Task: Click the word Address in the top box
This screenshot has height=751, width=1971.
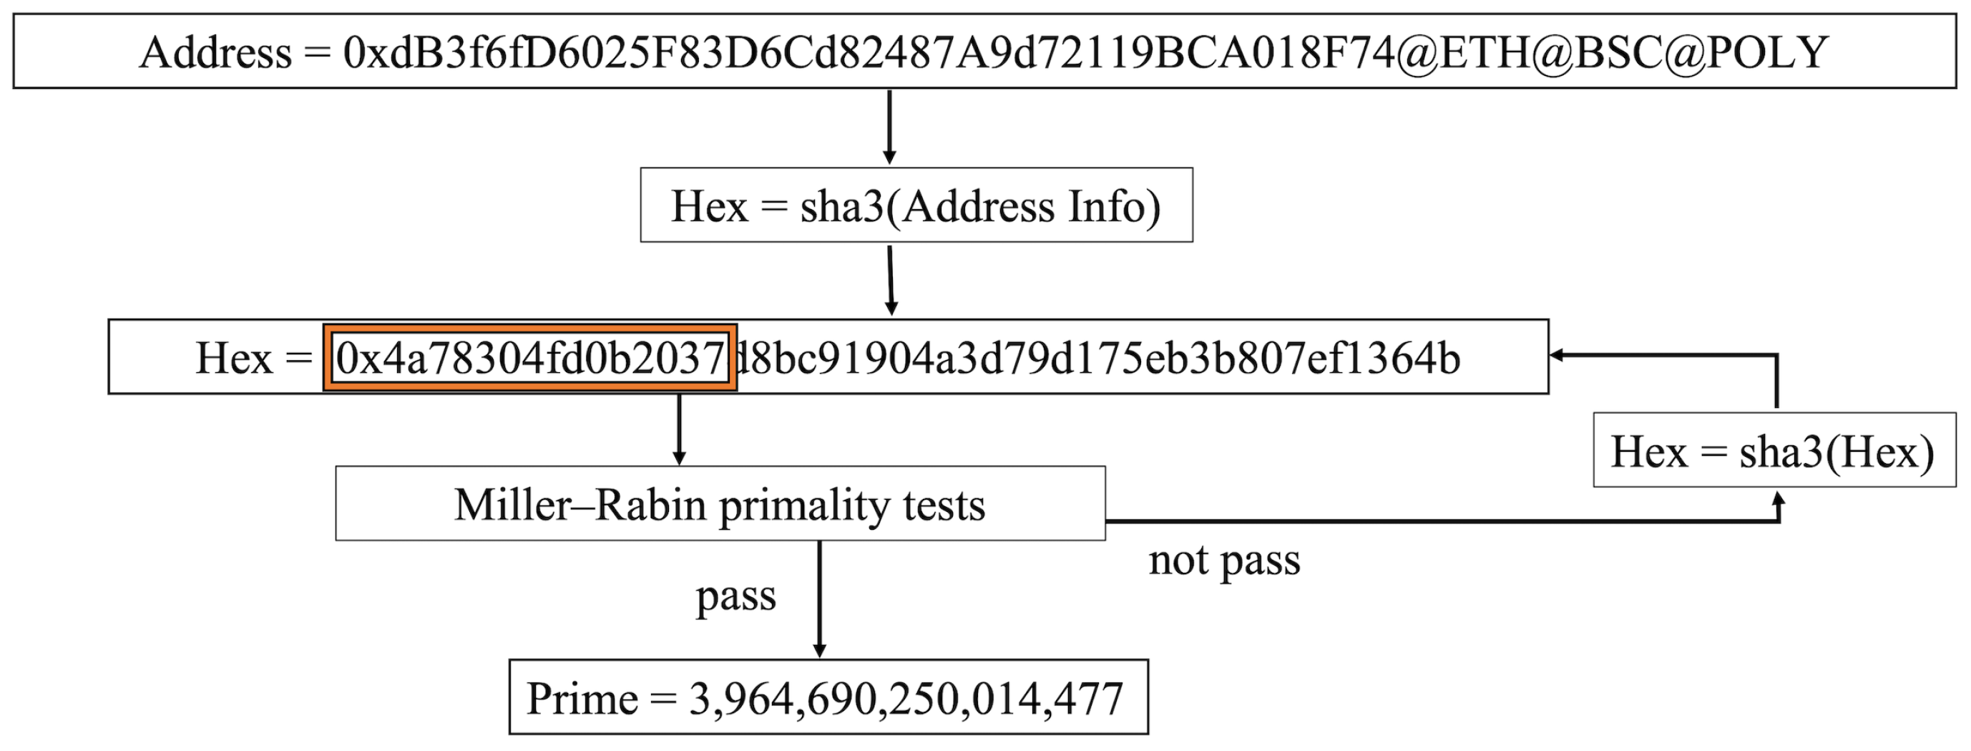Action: click(x=216, y=53)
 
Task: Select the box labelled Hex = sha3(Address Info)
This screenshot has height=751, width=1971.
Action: click(x=916, y=205)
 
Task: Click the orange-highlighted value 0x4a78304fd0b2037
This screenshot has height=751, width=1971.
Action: click(x=529, y=357)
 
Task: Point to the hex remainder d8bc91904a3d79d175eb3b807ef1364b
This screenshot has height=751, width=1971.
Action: click(x=1097, y=357)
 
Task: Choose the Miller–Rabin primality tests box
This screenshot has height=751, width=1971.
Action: click(x=720, y=504)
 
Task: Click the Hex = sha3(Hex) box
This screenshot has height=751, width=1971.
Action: click(x=1774, y=450)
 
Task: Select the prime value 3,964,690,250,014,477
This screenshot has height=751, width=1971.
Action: click(x=906, y=698)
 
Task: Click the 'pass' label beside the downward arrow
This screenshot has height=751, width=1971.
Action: click(x=735, y=596)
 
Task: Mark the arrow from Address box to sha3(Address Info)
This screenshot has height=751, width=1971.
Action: click(x=889, y=126)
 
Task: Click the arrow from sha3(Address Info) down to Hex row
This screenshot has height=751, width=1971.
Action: click(x=891, y=279)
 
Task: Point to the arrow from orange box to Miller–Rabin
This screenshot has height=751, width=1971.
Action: click(x=679, y=429)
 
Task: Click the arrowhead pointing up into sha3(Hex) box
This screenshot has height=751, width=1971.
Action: click(x=1779, y=499)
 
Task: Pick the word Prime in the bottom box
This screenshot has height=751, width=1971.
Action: click(x=582, y=698)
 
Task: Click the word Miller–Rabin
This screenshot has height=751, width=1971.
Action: click(x=580, y=505)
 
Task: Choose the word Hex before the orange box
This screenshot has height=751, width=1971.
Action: click(x=234, y=357)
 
